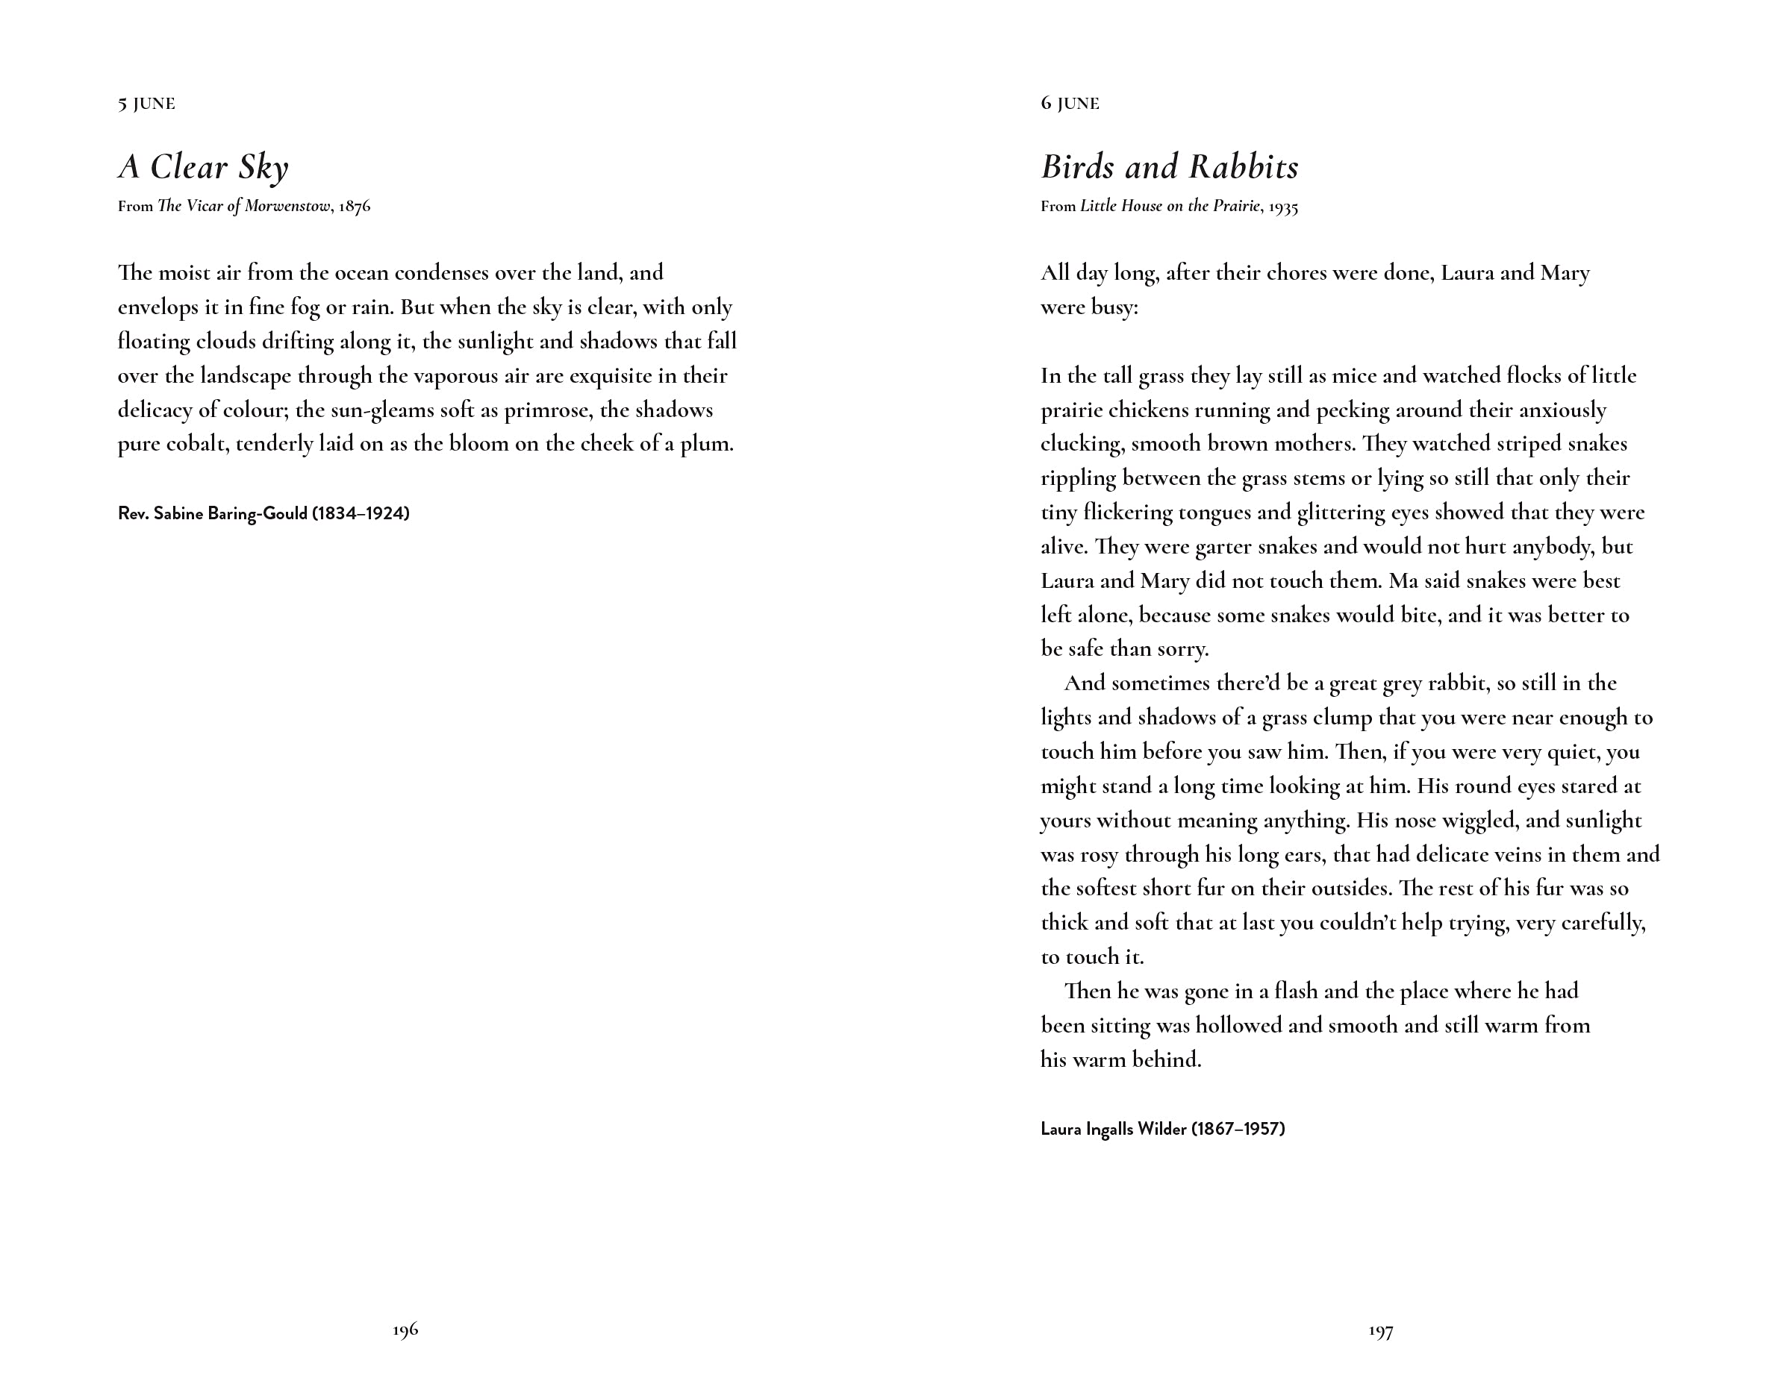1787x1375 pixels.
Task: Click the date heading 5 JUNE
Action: pos(146,104)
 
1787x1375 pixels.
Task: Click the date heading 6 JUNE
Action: pos(1070,104)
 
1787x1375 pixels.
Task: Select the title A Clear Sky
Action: pos(203,168)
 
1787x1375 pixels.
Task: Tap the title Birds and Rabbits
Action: pos(1169,168)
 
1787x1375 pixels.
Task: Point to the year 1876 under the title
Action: pos(355,206)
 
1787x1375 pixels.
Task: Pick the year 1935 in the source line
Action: pos(1282,207)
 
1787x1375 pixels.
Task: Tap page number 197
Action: pos(1380,1332)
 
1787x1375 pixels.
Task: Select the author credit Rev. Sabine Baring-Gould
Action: pos(263,514)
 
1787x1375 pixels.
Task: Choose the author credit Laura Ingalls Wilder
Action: pos(1162,1130)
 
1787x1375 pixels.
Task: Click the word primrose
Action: pos(546,410)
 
